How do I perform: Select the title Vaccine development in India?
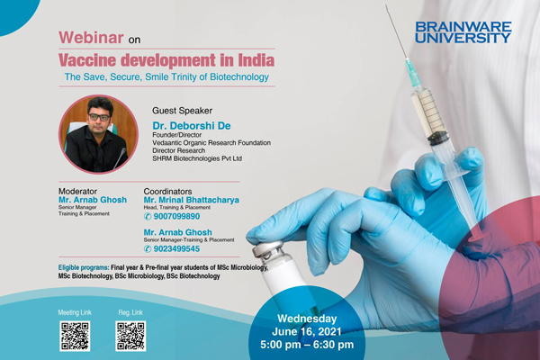[166, 60]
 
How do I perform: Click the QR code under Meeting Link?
[75, 335]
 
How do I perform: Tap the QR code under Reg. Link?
[130, 335]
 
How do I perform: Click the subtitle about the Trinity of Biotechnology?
[166, 78]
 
